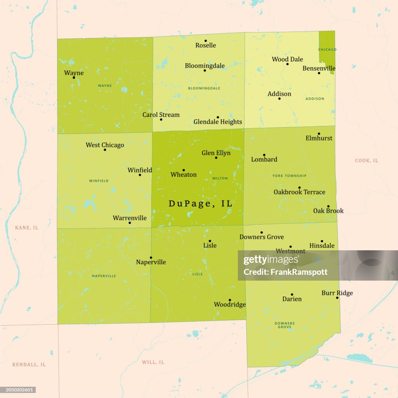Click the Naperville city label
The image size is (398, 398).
[151, 262]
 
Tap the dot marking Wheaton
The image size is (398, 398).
[183, 170]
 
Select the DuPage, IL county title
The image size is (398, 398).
[200, 204]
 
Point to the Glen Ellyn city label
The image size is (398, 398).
[216, 153]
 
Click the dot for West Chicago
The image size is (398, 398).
[105, 150]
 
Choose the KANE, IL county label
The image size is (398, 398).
[26, 227]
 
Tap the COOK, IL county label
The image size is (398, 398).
[367, 161]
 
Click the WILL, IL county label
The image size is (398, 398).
[153, 362]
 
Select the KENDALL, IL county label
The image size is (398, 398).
[29, 365]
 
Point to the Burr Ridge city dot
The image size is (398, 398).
[337, 298]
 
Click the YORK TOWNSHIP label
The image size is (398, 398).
[289, 176]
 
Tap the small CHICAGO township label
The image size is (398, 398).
[327, 50]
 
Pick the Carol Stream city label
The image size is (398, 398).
[161, 115]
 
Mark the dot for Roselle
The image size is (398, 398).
[206, 41]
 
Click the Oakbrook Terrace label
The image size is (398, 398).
[299, 192]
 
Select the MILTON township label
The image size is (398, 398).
[220, 178]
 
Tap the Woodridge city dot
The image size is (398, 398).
[230, 300]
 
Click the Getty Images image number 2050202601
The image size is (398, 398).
[18, 390]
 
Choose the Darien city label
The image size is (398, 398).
[292, 299]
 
